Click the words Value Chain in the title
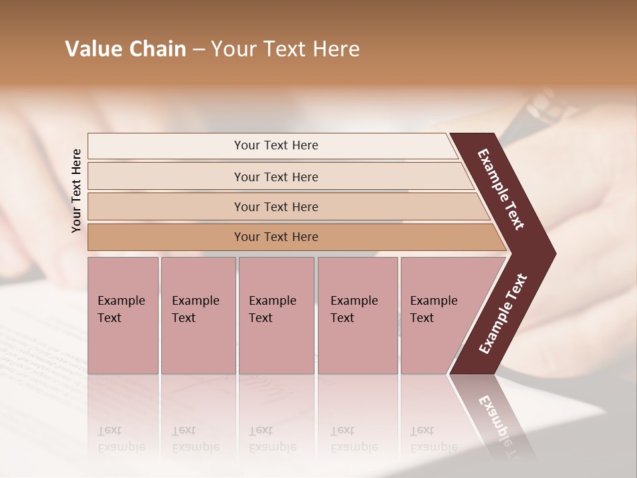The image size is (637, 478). pos(125,49)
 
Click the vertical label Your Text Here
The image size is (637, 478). pos(76,191)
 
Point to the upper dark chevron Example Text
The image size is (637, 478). pos(500,189)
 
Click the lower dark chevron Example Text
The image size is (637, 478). pos(503,314)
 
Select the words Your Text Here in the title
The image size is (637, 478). pos(285,49)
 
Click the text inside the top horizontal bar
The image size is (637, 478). pos(276,145)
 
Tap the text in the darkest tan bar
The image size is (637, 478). pos(276,237)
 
